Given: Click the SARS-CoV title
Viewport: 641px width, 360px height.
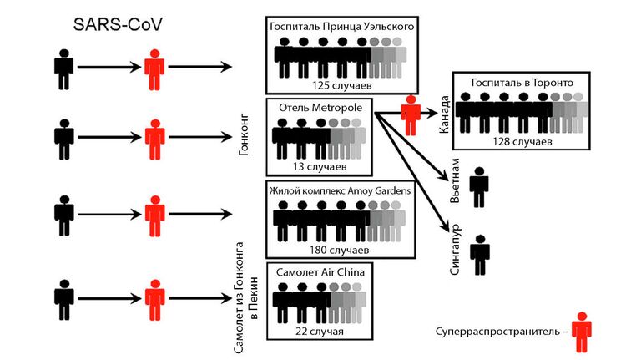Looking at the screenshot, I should tap(117, 25).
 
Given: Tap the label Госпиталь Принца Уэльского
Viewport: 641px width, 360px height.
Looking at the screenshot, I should tap(341, 28).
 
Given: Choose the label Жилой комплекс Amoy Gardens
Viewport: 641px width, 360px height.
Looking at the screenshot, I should tap(340, 190).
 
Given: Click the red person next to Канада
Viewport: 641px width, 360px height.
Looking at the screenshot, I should tap(410, 115).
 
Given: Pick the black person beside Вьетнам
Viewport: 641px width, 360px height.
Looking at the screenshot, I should tap(479, 187).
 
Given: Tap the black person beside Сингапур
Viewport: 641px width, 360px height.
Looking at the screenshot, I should tap(479, 255).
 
